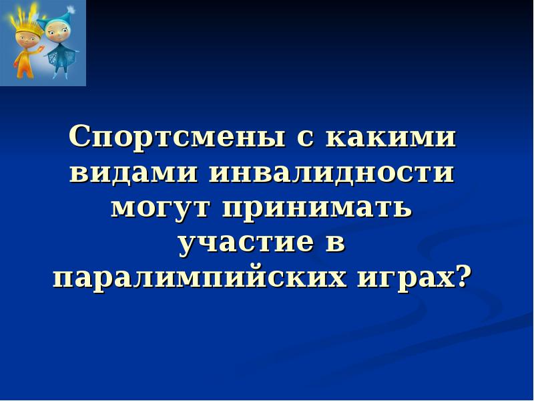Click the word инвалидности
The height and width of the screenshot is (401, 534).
click(x=332, y=174)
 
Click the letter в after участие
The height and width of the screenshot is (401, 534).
click(x=336, y=243)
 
